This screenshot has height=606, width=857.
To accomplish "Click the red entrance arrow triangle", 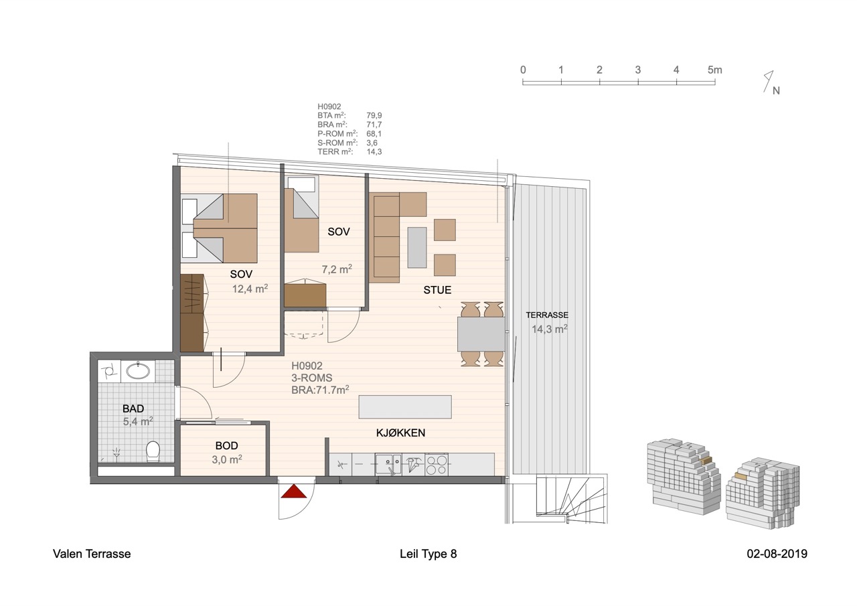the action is coord(294,491).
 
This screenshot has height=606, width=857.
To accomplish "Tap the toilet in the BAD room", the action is coord(153,451).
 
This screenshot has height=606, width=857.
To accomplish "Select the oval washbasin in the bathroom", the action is coord(138,371).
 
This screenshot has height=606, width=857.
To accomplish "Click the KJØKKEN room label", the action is coord(400,433).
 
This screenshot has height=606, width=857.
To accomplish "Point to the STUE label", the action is coord(437,290).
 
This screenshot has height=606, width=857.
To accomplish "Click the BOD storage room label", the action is coord(226,446).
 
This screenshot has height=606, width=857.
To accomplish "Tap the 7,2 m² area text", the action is coord(337,269).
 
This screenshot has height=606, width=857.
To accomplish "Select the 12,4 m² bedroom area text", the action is coord(250,289).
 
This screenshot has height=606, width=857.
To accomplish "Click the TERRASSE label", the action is coord(547,315).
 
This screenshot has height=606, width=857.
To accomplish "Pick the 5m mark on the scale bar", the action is coord(714,70).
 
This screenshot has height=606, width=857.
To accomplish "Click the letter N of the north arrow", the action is coord(776,90).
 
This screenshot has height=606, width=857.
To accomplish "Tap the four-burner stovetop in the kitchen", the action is coord(437,465).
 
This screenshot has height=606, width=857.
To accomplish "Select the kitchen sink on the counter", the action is coord(388,464).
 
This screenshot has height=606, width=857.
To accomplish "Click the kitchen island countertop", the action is coord(405,406).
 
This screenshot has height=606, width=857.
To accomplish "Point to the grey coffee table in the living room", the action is coord(417,248).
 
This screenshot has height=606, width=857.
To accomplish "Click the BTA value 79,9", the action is coord(374,116).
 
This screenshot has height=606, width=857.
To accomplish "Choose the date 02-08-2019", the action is coord(777,554).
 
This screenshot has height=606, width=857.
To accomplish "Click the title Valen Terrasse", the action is coord(92,554).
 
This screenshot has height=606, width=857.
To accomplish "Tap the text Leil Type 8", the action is coord(428,554).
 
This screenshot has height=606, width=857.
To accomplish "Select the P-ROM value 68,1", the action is coord(374,134).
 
